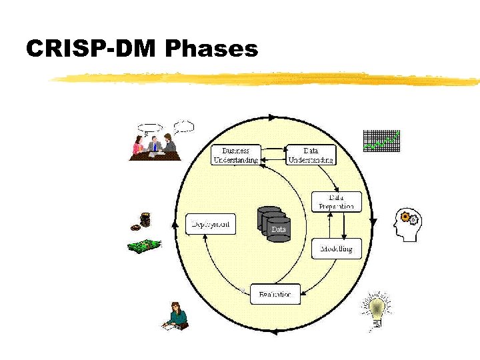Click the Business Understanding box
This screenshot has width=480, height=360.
(x=235, y=155)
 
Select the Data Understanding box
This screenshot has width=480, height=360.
(x=311, y=155)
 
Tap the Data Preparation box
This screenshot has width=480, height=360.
(x=337, y=201)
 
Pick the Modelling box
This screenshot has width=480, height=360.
(x=337, y=249)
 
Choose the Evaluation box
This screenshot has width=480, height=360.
(x=275, y=294)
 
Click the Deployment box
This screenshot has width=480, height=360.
(x=211, y=224)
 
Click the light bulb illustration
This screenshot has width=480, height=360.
(x=377, y=311)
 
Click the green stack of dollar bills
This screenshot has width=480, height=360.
(x=145, y=245)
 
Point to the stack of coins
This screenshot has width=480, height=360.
(x=143, y=221)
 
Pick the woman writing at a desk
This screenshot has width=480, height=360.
(x=176, y=316)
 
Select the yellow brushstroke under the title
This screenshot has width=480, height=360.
(x=267, y=79)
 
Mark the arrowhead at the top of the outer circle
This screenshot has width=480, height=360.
(x=272, y=117)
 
